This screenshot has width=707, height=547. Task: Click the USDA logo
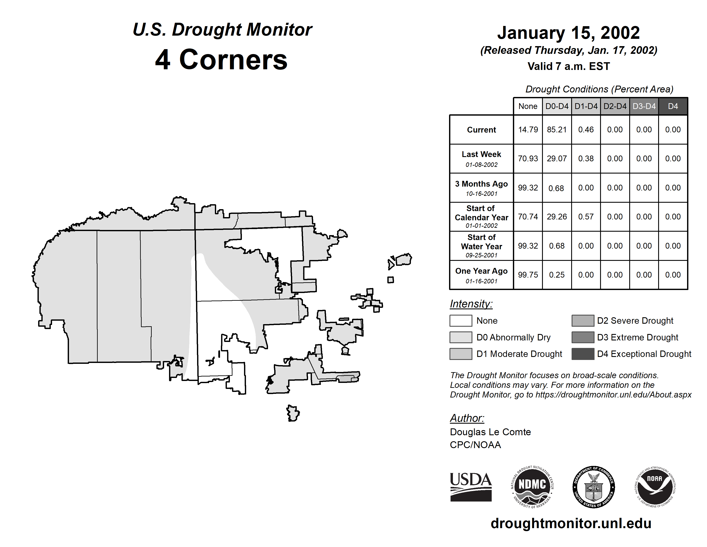coord(471,487)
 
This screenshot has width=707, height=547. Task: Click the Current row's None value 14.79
coord(528,130)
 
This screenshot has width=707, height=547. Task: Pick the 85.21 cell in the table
coord(557,130)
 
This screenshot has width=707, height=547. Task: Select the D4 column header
coord(673,106)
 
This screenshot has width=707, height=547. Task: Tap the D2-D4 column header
coord(615,106)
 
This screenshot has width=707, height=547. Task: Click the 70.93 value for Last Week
coord(528,159)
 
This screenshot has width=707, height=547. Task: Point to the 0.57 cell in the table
coord(586,216)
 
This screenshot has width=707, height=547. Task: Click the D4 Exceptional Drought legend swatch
coord(583,354)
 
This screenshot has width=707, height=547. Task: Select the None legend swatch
coord(461,320)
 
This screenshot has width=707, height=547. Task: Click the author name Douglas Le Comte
coord(490,432)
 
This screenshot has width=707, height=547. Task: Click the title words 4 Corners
coord(222,60)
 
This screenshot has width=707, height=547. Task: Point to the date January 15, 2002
coord(568,33)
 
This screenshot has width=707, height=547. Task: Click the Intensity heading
coord(471,304)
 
